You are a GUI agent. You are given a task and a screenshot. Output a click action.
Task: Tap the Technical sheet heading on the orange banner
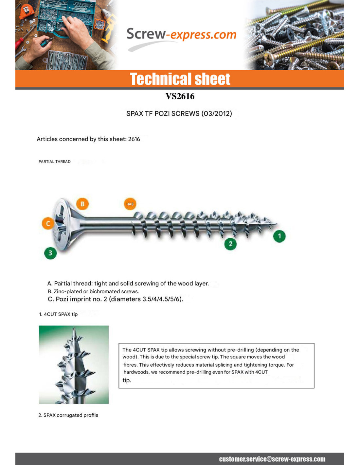click(180, 79)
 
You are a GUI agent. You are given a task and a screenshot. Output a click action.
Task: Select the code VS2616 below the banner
click(180, 96)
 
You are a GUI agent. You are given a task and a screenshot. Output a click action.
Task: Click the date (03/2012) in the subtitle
click(217, 113)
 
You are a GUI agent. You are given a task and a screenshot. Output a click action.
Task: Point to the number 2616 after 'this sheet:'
click(134, 139)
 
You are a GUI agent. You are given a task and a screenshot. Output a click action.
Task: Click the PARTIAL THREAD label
click(55, 162)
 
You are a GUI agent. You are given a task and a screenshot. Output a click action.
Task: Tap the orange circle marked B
click(82, 204)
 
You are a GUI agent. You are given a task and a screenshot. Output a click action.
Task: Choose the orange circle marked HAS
click(130, 204)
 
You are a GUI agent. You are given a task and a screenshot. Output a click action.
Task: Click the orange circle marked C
click(48, 223)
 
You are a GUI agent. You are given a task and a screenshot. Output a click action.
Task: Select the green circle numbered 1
click(279, 236)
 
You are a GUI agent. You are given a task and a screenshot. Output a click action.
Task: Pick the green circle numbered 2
click(230, 244)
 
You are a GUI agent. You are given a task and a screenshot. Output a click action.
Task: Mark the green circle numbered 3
click(50, 253)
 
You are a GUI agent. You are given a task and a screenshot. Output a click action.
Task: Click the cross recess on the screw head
click(61, 224)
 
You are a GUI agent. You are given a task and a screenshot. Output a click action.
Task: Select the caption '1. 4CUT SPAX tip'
click(58, 314)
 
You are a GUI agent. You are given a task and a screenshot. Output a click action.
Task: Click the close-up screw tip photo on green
click(74, 364)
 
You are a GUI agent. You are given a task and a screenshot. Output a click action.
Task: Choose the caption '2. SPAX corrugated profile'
click(68, 415)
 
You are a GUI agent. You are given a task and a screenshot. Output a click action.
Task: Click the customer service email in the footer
click(272, 459)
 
